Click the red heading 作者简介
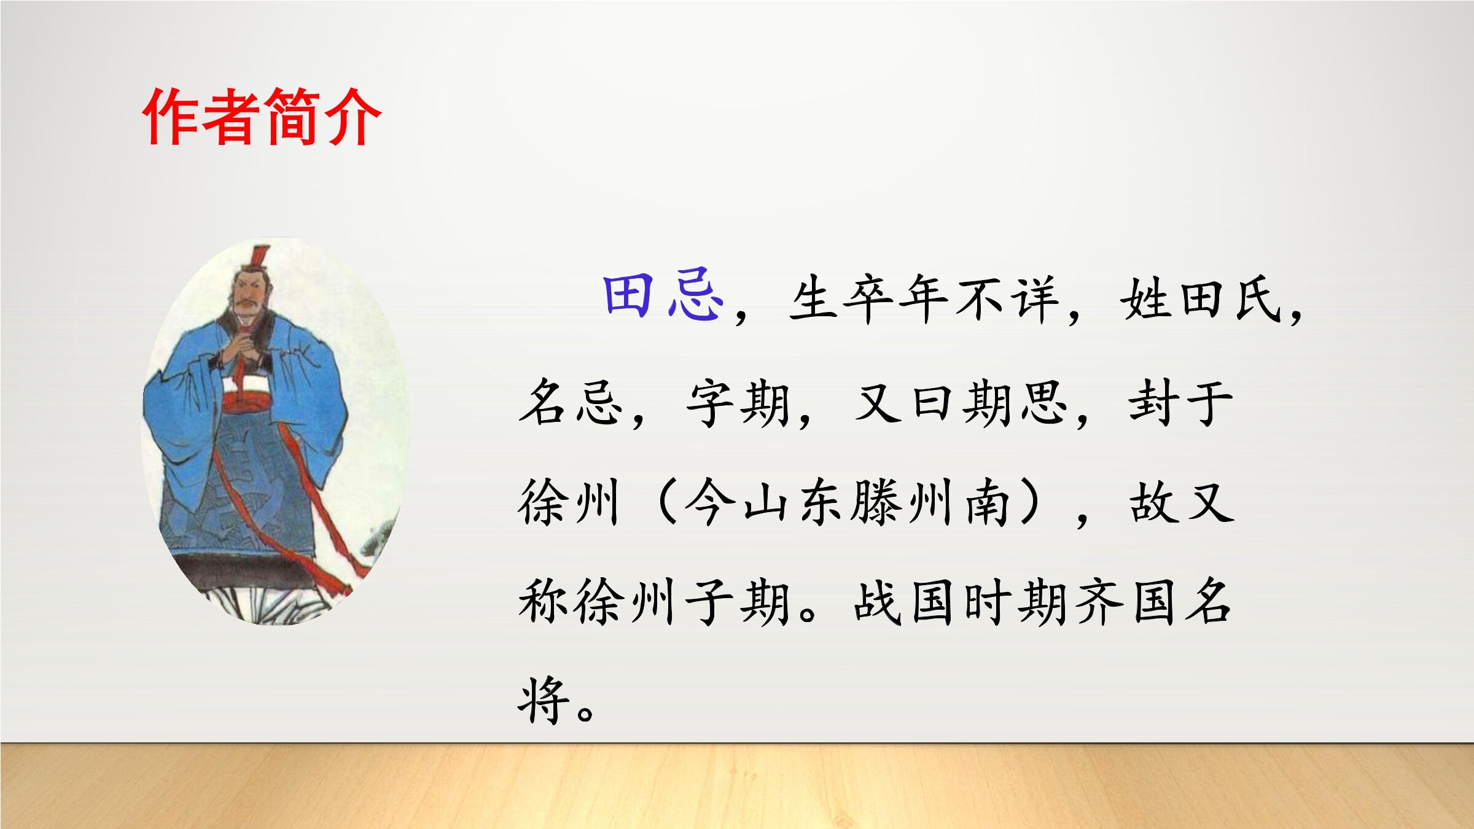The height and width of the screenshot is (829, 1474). coord(262,117)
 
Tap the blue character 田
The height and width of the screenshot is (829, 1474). coord(628,296)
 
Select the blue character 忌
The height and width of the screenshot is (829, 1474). coord(695,296)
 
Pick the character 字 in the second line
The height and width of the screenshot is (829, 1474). coord(711,403)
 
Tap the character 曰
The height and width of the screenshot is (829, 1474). coord(932,404)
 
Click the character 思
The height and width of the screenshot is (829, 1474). coord(1042,403)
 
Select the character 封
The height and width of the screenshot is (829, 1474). coord(1153,403)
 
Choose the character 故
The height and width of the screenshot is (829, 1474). coord(1154,502)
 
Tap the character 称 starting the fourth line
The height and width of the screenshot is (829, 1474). coord(545,602)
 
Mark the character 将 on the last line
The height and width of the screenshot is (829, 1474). coord(544,700)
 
